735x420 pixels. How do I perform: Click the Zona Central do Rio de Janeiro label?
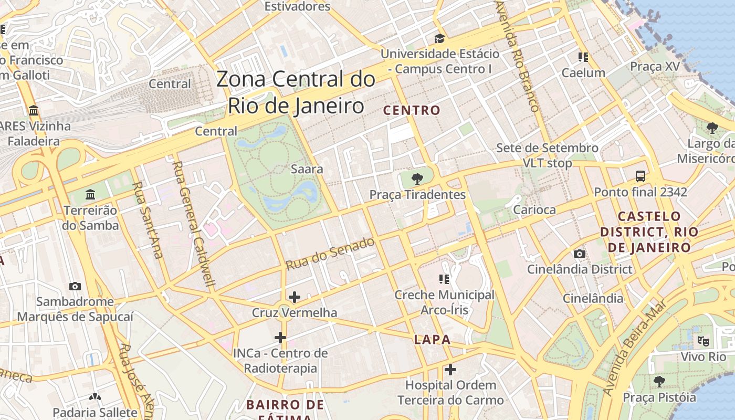coord(296,92)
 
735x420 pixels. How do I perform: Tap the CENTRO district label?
coord(412,110)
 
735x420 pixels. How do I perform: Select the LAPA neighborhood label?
coord(432,339)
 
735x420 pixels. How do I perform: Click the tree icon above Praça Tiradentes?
coord(417,179)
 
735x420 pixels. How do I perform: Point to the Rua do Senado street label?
coord(330,254)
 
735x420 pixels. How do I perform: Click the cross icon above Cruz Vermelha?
coord(295,297)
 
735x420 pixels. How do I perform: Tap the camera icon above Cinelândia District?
coord(580,254)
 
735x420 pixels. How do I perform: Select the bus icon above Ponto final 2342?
coord(640,176)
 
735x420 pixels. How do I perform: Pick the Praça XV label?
coord(655,66)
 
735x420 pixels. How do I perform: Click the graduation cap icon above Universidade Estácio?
coord(439,38)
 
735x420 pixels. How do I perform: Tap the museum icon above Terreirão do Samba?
coord(90,195)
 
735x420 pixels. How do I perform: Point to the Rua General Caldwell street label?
coord(194,224)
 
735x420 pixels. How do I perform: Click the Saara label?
coord(307,170)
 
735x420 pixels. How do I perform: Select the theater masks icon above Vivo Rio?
coord(703,341)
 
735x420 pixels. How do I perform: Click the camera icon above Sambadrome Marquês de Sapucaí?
coord(75,287)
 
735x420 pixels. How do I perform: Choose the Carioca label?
coord(534,210)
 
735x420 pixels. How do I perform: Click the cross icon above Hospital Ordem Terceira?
coord(450,370)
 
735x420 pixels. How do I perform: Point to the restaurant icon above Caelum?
coord(583,57)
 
